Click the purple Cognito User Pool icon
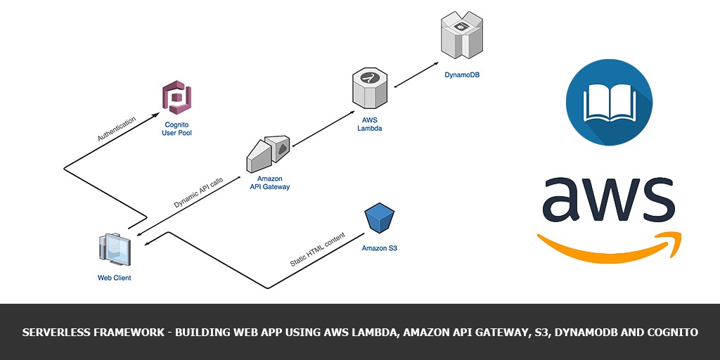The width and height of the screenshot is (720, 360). click(177, 97)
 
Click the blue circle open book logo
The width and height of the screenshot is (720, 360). click(609, 103)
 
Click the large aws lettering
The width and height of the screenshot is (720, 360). click(608, 198)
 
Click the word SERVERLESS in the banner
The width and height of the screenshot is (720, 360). click(56, 332)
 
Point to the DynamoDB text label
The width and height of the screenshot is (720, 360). click(462, 75)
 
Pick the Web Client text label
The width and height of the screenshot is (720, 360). click(114, 278)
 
